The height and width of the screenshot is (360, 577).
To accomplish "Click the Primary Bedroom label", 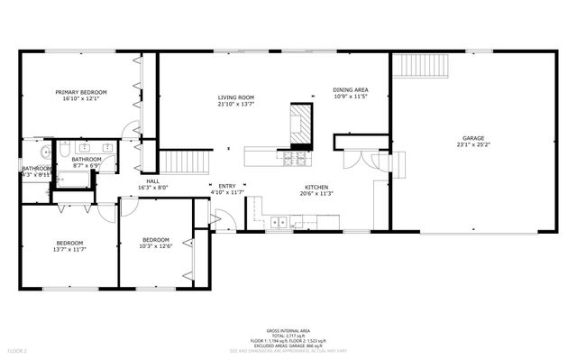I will (x=81, y=92).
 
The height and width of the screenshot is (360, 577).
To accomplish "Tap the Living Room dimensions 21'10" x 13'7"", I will (x=235, y=105).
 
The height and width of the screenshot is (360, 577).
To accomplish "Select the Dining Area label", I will (x=349, y=89).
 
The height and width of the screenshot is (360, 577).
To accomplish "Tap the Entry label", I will (x=226, y=186).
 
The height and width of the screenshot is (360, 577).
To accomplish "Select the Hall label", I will (x=152, y=180).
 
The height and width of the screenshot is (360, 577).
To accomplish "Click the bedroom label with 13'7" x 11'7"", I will (x=69, y=242).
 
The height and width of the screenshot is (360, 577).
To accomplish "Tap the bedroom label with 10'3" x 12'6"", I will (x=155, y=239).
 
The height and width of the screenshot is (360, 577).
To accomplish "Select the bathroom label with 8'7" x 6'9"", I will (x=87, y=160).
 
